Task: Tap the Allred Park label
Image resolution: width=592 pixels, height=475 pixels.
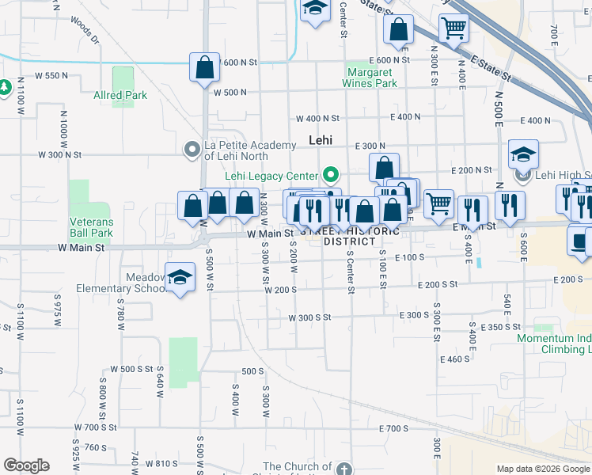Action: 120,96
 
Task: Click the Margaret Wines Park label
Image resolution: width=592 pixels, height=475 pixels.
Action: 370,77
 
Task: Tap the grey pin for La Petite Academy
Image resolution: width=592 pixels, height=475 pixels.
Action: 192,149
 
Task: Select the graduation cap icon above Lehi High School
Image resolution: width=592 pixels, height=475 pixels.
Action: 523,154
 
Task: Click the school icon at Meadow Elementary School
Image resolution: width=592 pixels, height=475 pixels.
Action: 180,277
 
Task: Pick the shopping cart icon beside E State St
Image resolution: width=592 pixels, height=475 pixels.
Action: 453,28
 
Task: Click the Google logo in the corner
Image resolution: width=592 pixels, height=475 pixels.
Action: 26,465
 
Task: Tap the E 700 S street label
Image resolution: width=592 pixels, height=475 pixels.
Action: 393,428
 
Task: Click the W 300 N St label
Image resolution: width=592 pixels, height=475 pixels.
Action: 59,154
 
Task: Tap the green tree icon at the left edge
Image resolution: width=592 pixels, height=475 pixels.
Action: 4,85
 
